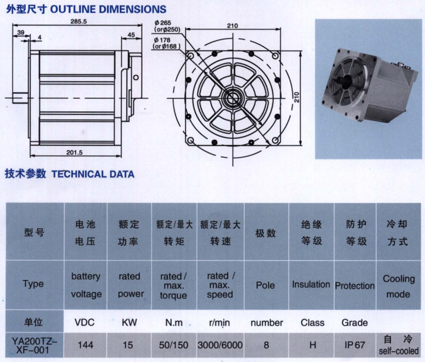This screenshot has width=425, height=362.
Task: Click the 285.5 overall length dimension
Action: coord(79,21)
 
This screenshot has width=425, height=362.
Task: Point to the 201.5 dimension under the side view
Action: coord(74,152)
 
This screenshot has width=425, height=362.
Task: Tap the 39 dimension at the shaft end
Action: coord(21,32)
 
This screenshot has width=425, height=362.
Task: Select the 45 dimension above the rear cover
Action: coord(131,35)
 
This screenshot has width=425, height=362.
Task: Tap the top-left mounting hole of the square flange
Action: coord(190,56)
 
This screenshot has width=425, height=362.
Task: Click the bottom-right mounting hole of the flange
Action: coord(275,141)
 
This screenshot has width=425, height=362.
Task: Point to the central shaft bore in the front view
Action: coord(233,98)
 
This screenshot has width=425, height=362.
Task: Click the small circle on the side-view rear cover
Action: coord(136,77)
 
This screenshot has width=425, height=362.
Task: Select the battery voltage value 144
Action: coord(86,345)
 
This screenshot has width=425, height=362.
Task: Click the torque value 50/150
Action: coord(174,345)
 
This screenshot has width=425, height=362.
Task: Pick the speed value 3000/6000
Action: coord(220,345)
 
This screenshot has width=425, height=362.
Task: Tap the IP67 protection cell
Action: coord(355,345)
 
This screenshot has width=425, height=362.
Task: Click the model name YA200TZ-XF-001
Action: coord(35,345)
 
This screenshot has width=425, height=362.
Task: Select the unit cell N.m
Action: coord(174,323)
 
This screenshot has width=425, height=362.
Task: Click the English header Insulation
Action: coord(311,285)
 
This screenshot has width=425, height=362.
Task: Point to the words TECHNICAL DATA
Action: coord(93,174)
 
